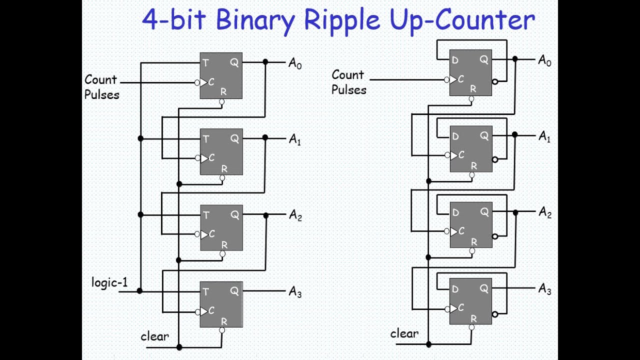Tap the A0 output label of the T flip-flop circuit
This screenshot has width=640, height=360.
pyautogui.click(x=295, y=63)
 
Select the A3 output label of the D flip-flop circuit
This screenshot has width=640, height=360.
pyautogui.click(x=544, y=289)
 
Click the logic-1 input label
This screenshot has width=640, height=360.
pyautogui.click(x=109, y=282)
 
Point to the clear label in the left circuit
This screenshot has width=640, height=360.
pyautogui.click(x=154, y=336)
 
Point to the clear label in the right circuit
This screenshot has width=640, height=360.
pyautogui.click(x=404, y=333)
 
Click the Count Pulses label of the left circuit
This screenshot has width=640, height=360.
pyautogui.click(x=101, y=87)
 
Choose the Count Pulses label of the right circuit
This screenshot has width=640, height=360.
pyautogui.click(x=348, y=82)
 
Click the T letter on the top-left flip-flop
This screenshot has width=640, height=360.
pyautogui.click(x=205, y=63)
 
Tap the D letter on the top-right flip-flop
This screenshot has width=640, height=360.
pyautogui.click(x=455, y=60)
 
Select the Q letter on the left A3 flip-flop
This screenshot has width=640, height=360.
pyautogui.click(x=234, y=291)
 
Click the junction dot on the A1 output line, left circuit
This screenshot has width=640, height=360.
pyautogui.click(x=265, y=137)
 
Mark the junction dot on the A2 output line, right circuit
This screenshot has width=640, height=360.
pyautogui.click(x=515, y=212)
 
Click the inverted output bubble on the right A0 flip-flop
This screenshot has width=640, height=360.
pyautogui.click(x=495, y=81)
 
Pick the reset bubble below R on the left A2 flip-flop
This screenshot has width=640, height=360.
pyautogui.click(x=222, y=254)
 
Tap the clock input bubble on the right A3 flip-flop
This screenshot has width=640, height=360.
pyautogui.click(x=447, y=308)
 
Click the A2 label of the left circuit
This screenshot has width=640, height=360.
pyautogui.click(x=295, y=215)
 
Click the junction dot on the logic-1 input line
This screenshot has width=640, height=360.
pyautogui.click(x=140, y=290)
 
